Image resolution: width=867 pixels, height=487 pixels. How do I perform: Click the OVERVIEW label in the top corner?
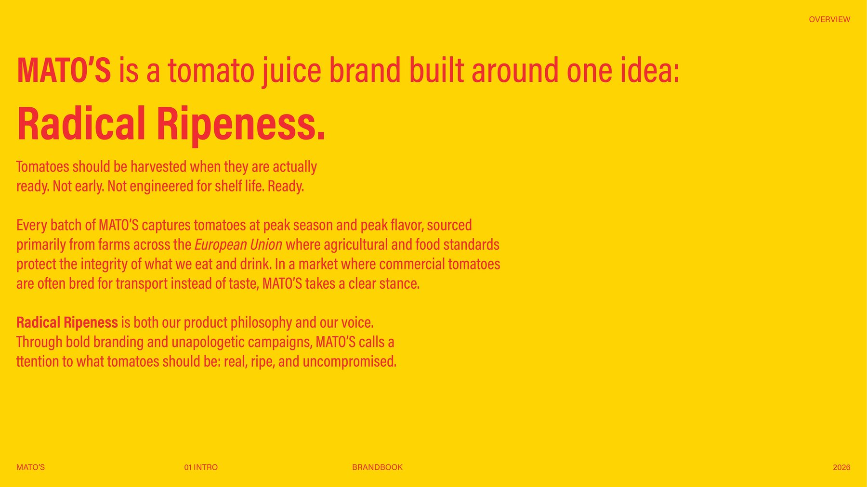pos(829,20)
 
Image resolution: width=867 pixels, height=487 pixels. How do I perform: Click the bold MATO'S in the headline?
pos(64,71)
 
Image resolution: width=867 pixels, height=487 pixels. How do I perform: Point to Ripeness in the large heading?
pos(241,124)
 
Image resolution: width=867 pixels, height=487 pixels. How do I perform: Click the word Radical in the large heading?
pos(81,124)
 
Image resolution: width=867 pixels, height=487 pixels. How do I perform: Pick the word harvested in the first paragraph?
pos(158,167)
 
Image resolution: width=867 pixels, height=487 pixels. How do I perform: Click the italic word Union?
pos(266,245)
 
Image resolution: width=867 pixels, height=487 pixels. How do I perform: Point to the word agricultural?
pos(356,245)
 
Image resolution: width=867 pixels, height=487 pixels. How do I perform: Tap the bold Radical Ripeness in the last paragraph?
pos(67,322)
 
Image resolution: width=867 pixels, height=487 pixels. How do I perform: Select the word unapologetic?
pos(208,342)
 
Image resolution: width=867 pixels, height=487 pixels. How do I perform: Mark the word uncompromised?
pos(349,361)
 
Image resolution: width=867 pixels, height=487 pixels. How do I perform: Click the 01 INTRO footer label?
pos(201,467)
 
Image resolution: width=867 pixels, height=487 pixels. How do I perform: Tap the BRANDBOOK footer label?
pos(377,467)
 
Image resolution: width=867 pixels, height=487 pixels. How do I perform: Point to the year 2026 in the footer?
pos(841,467)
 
